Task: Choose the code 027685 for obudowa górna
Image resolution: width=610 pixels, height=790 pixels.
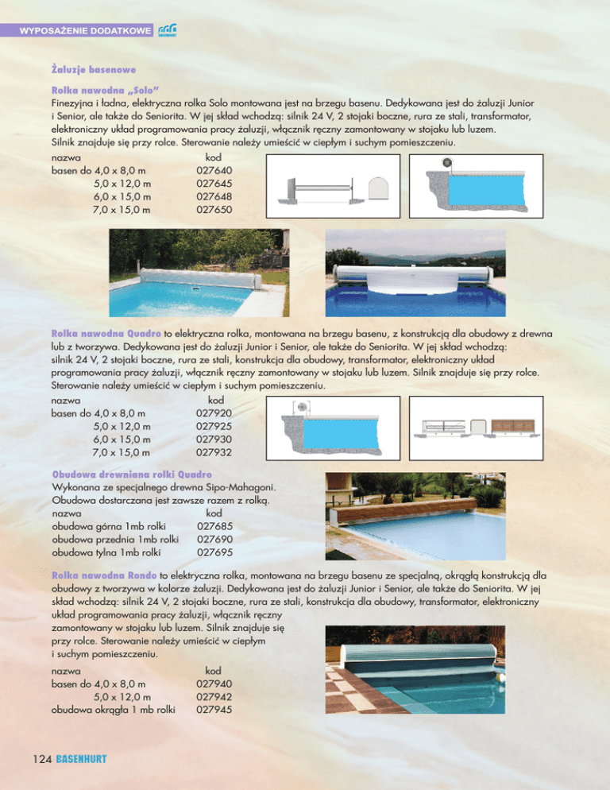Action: [x=214, y=525]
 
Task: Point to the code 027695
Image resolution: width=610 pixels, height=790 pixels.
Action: [x=214, y=552]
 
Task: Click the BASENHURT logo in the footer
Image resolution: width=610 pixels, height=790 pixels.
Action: [x=82, y=761]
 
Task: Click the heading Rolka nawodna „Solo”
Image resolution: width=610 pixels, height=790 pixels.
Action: [x=109, y=91]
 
